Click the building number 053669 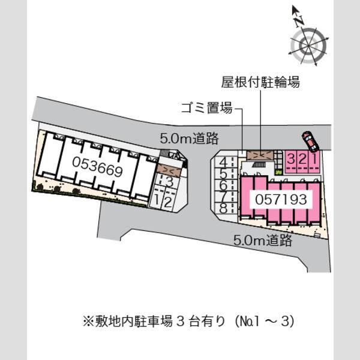(x=97, y=166)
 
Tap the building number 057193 (x=281, y=199)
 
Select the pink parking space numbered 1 (x=314, y=161)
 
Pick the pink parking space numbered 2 (x=302, y=161)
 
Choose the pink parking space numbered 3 (x=291, y=161)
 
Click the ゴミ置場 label (x=206, y=108)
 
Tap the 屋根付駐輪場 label (x=260, y=82)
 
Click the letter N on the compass (x=299, y=22)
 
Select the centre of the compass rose (x=308, y=47)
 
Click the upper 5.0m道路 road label (x=189, y=139)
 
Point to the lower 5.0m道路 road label (x=263, y=241)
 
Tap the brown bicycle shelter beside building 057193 (x=260, y=155)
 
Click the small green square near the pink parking (x=279, y=172)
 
